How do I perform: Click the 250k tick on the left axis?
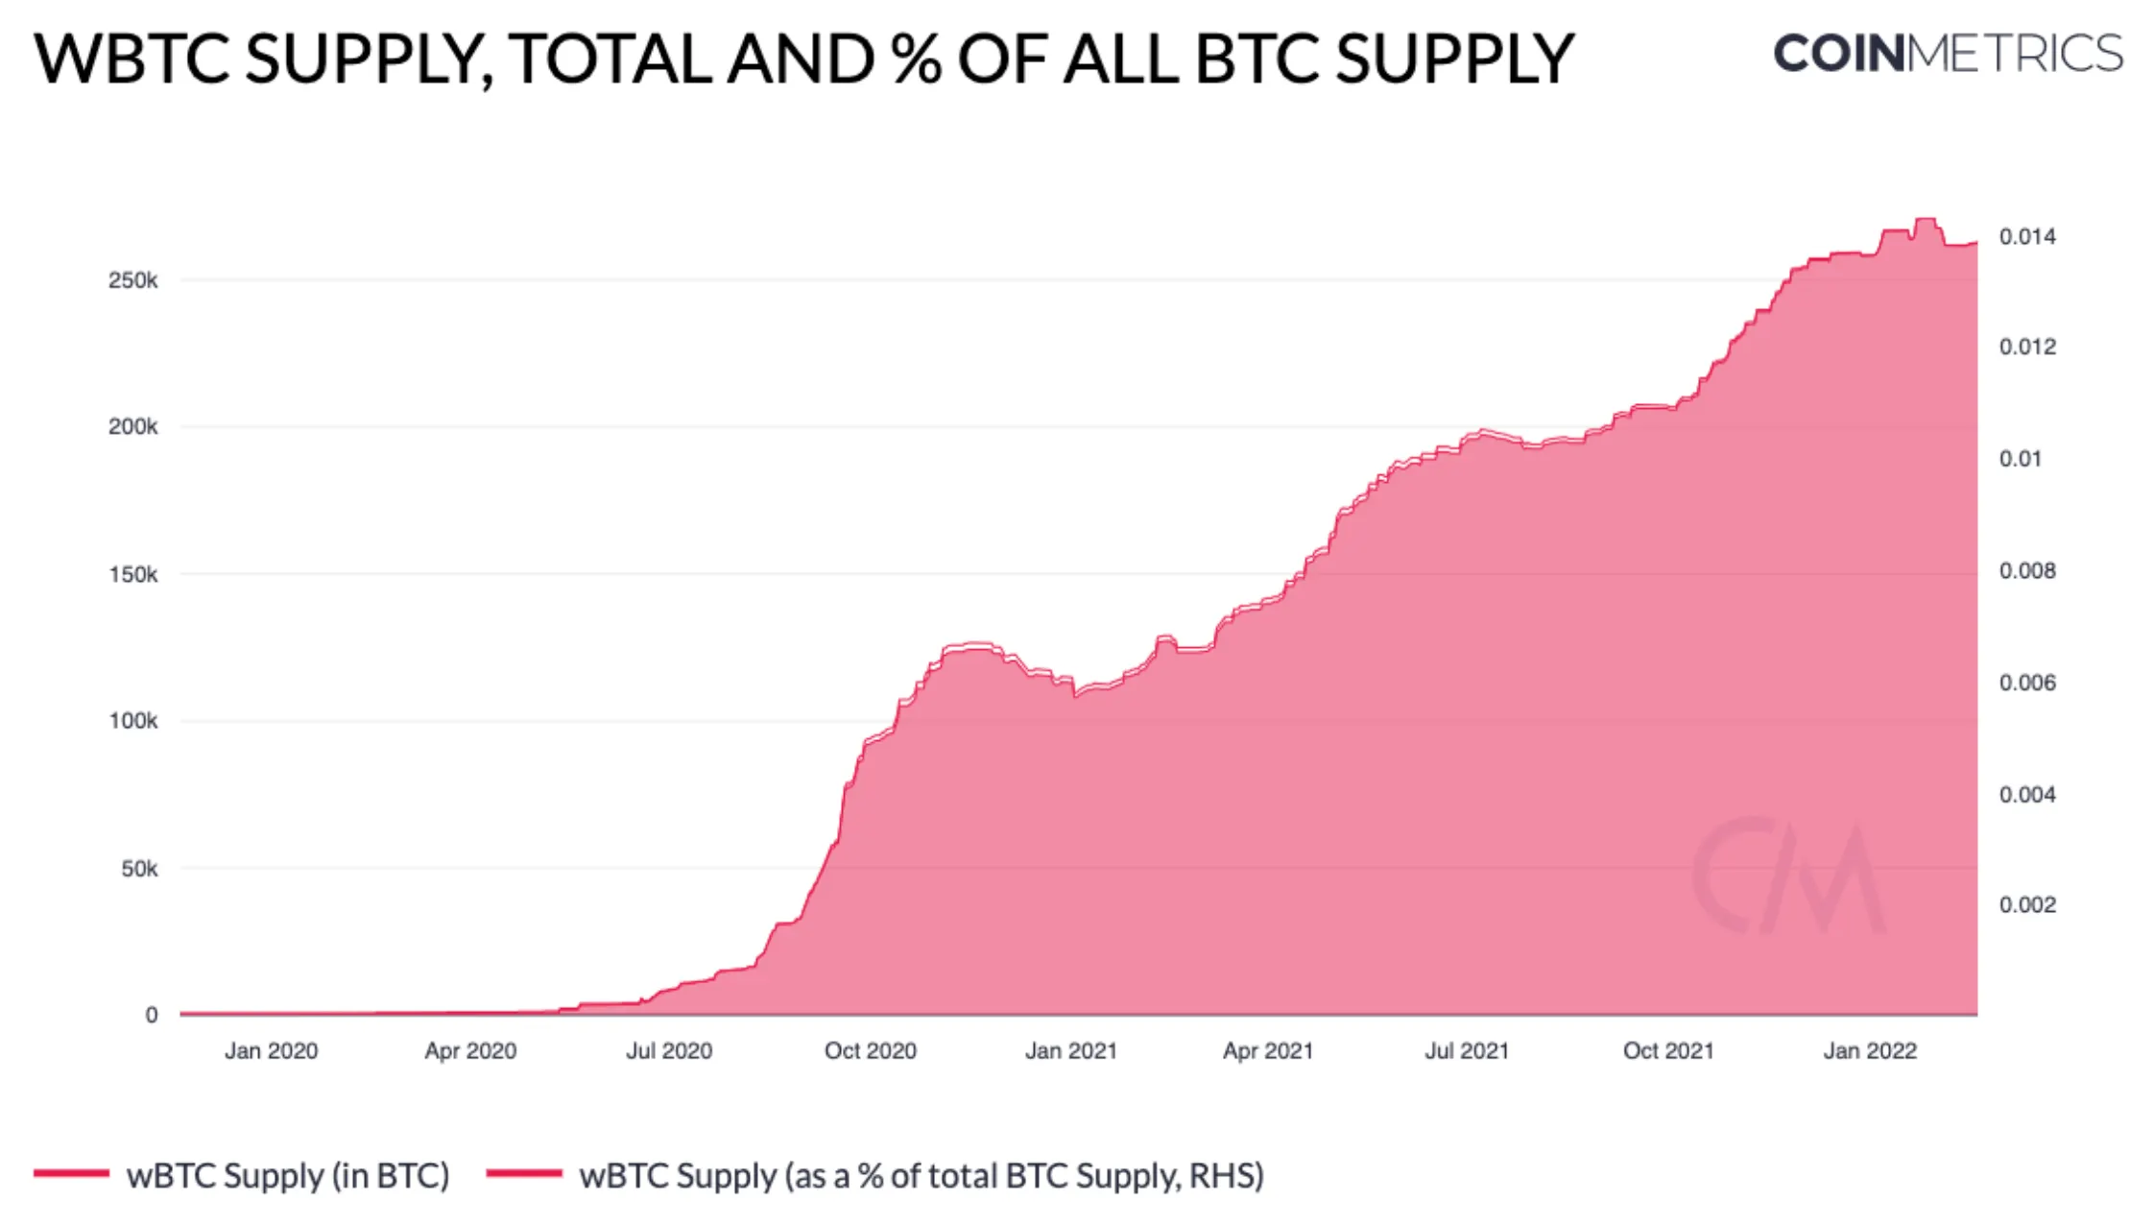tap(132, 280)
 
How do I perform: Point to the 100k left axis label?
tap(132, 721)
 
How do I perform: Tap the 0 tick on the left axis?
tap(151, 1015)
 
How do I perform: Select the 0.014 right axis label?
tap(2027, 236)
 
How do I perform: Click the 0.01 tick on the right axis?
tap(2020, 459)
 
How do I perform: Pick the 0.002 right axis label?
tap(2027, 905)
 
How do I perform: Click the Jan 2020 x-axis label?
tap(271, 1051)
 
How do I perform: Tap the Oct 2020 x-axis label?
tap(870, 1051)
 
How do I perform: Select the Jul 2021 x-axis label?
tap(1466, 1051)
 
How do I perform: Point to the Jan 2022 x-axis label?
tap(1869, 1051)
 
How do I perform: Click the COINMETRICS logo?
tap(1948, 54)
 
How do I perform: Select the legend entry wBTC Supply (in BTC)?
tap(287, 1176)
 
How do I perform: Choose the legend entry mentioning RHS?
tap(921, 1176)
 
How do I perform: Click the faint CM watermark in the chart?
tap(1788, 876)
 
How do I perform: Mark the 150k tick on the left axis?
tap(132, 574)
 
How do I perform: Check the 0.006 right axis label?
tap(2027, 683)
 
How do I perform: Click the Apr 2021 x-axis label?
tap(1267, 1051)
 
